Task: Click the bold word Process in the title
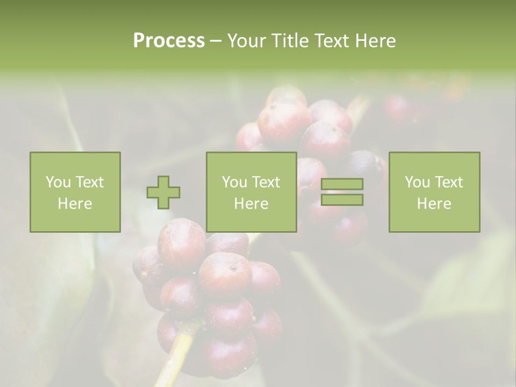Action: click(169, 41)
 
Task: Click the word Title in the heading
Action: click(291, 41)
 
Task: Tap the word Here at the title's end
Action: click(376, 41)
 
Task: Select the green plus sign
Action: click(163, 192)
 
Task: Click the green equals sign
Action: click(342, 192)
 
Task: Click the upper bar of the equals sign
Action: click(342, 184)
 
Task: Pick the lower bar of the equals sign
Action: click(342, 199)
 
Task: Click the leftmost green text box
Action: click(75, 192)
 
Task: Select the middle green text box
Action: click(251, 192)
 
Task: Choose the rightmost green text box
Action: click(434, 192)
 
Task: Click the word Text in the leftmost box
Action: click(89, 182)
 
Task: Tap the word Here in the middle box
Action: click(251, 204)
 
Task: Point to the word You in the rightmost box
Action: click(417, 182)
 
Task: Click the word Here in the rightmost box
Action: click(434, 204)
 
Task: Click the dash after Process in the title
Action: click(216, 41)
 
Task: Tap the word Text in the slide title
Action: click(331, 41)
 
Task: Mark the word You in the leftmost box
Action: click(58, 182)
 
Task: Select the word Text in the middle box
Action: click(266, 182)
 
